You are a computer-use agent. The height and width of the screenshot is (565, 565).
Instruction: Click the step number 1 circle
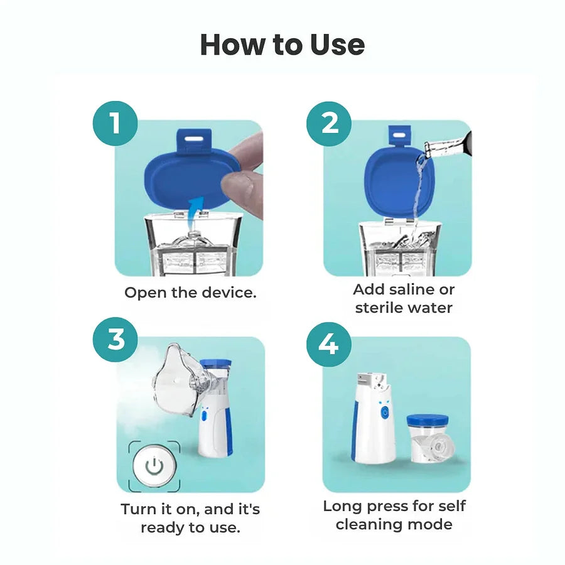click(x=116, y=123)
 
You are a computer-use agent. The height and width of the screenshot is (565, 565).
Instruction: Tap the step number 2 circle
click(x=330, y=123)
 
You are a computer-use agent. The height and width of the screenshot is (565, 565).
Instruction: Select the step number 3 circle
click(x=116, y=340)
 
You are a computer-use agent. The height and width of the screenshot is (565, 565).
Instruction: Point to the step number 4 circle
click(x=328, y=344)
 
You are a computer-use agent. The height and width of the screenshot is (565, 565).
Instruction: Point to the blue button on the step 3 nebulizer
click(x=205, y=415)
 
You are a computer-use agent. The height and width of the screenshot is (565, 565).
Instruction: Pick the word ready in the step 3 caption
click(x=161, y=527)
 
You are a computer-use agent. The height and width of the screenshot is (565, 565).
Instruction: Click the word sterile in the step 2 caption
click(x=380, y=308)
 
